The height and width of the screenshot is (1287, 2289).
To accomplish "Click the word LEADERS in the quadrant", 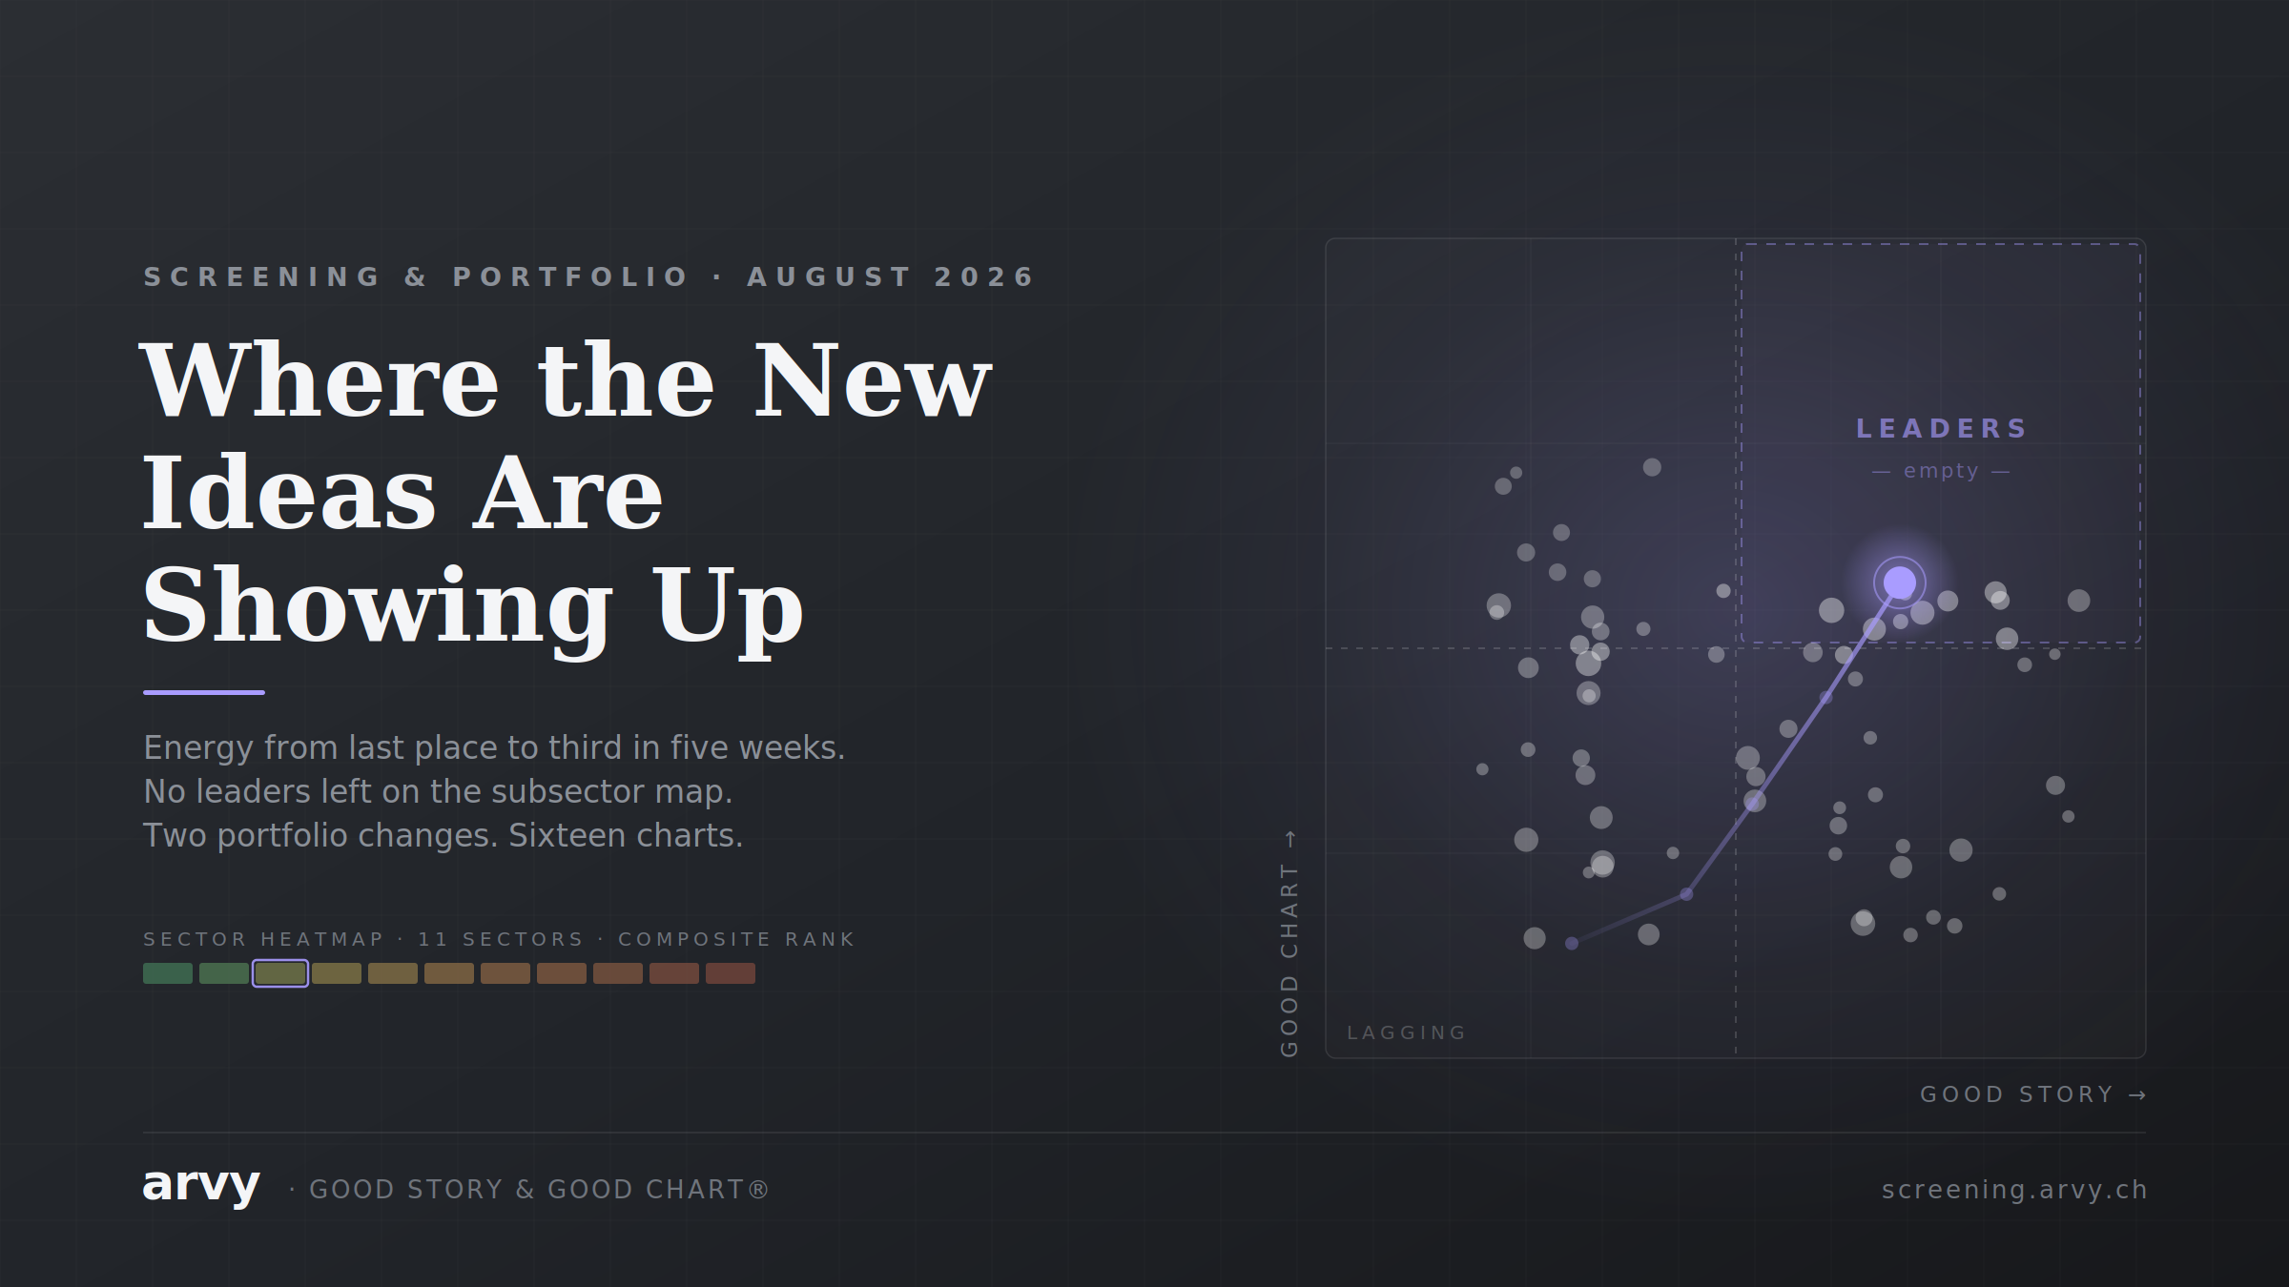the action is (x=1941, y=429).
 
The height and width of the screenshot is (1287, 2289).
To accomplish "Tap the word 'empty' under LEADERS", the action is (x=1941, y=471).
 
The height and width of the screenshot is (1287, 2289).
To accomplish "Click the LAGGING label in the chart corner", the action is (x=1407, y=1032).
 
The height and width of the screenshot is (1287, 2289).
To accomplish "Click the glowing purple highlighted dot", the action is (x=1900, y=582).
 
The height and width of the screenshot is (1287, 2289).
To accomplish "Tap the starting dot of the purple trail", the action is (x=1572, y=944).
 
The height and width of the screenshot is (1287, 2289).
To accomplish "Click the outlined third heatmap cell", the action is (x=280, y=973).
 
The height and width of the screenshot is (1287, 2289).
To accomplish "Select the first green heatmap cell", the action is (x=168, y=973).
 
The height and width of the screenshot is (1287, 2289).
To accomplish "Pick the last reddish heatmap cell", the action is (x=731, y=973).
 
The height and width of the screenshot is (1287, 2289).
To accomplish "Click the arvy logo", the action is (x=201, y=1186).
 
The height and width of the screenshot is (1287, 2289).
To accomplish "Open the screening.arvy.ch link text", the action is (x=2014, y=1190).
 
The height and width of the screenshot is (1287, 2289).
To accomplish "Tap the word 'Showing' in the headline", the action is (x=379, y=606).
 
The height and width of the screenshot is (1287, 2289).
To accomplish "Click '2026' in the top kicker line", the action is (x=984, y=276).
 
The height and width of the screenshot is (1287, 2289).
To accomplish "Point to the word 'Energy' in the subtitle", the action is (x=198, y=748).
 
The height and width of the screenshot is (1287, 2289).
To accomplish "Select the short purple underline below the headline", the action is (x=204, y=692).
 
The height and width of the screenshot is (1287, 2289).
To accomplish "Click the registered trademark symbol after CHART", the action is (x=758, y=1189).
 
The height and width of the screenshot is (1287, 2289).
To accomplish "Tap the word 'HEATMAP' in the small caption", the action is (x=322, y=939).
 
